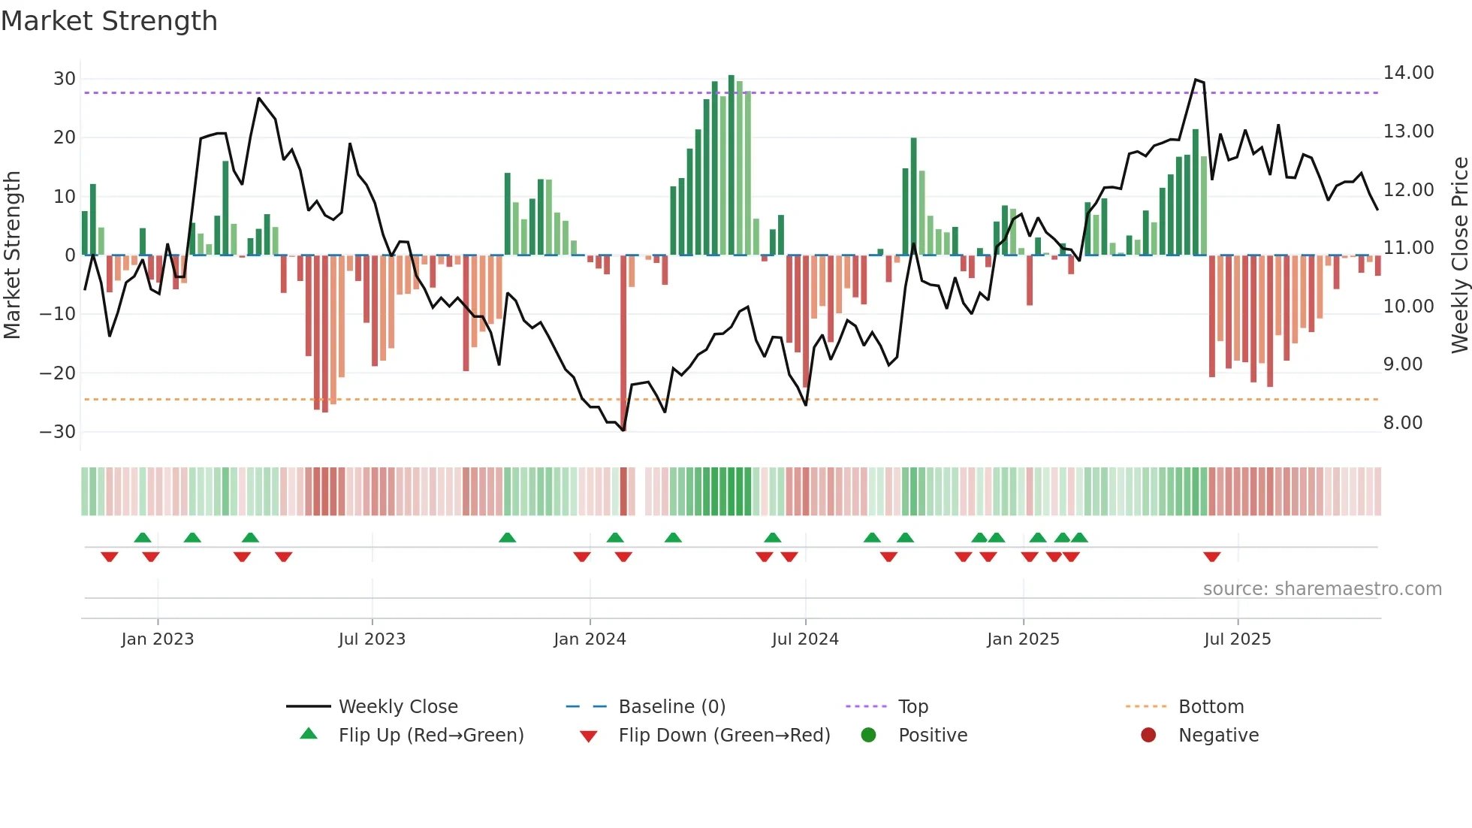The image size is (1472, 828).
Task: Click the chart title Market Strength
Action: pyautogui.click(x=109, y=21)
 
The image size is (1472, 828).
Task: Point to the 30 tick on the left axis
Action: pyautogui.click(x=65, y=79)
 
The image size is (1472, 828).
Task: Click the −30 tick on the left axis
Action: pyautogui.click(x=58, y=432)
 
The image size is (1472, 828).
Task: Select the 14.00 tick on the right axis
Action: pyautogui.click(x=1408, y=73)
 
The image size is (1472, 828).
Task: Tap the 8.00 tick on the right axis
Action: pyautogui.click(x=1403, y=423)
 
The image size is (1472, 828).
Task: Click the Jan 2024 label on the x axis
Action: pyautogui.click(x=590, y=639)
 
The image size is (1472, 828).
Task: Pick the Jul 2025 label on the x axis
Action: pyautogui.click(x=1237, y=639)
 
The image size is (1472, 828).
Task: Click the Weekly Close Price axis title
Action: pyautogui.click(x=1459, y=255)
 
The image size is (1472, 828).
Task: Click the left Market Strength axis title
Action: pyautogui.click(x=12, y=255)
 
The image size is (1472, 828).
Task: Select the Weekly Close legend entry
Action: pyautogui.click(x=397, y=707)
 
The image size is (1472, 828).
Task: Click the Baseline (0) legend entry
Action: pyautogui.click(x=671, y=707)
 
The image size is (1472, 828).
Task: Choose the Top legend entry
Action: pyautogui.click(x=912, y=707)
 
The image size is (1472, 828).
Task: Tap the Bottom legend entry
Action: pyautogui.click(x=1211, y=707)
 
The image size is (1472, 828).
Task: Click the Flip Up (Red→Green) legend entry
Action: pyautogui.click(x=430, y=736)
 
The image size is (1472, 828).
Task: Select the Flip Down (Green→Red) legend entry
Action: pyautogui.click(x=724, y=736)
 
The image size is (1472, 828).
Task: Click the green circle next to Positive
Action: pyautogui.click(x=868, y=735)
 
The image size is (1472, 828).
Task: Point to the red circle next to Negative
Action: pyautogui.click(x=1148, y=735)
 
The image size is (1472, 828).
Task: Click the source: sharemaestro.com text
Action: pyautogui.click(x=1322, y=589)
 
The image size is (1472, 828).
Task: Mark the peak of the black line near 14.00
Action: pyautogui.click(x=1196, y=80)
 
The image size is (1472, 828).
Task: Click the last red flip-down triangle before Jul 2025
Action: pyautogui.click(x=1211, y=557)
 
